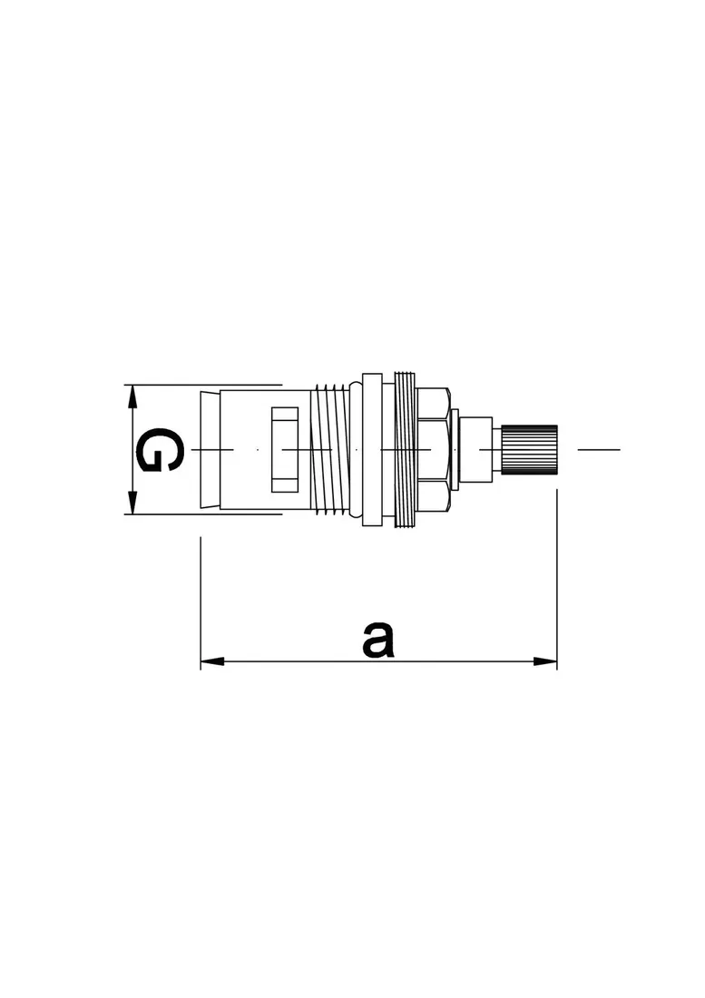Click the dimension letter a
coord(378,641)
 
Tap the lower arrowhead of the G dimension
coord(132,503)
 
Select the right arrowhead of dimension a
coord(545,662)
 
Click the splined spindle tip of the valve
coord(529,449)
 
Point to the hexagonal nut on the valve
coord(434,449)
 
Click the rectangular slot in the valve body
coord(285,449)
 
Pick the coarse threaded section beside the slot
coord(329,449)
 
